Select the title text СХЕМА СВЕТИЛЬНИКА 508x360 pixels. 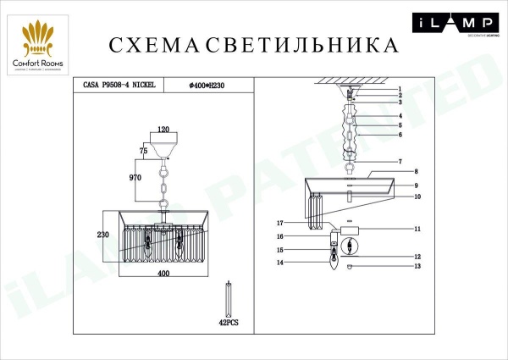(253, 44)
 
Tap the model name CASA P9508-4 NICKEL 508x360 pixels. (119, 85)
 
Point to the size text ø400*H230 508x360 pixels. (208, 85)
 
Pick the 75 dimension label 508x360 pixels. (143, 149)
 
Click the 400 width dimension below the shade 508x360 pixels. (163, 273)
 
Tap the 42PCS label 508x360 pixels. (228, 322)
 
